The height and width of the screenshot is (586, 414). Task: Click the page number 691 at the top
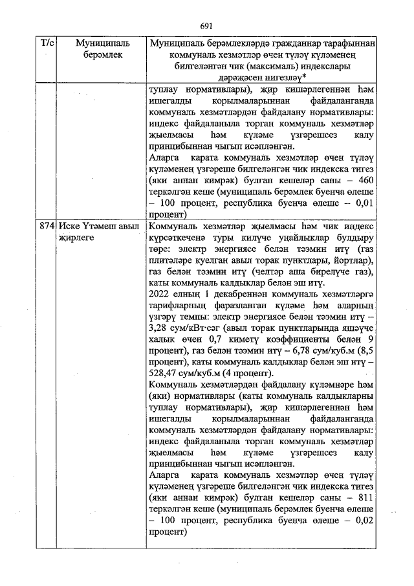[x=206, y=26]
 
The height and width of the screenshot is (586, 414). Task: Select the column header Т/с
[x=47, y=43]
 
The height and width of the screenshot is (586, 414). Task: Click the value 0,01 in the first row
[x=364, y=204]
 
